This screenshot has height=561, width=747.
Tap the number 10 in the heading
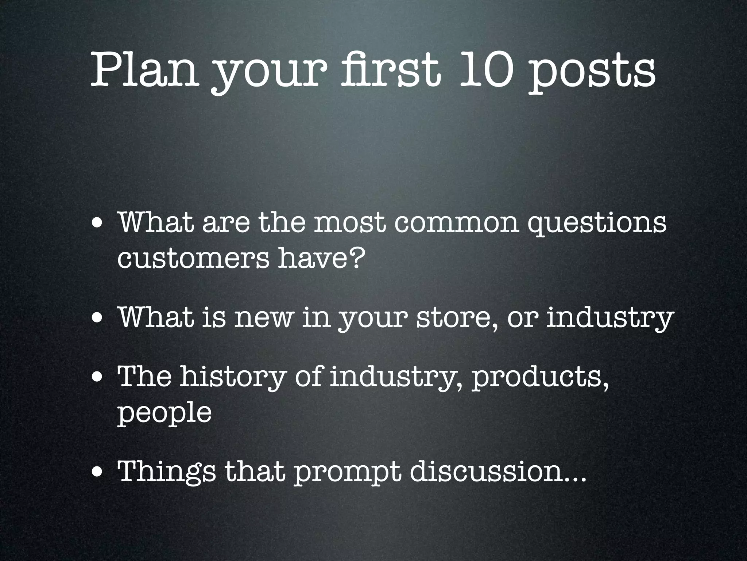484,69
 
